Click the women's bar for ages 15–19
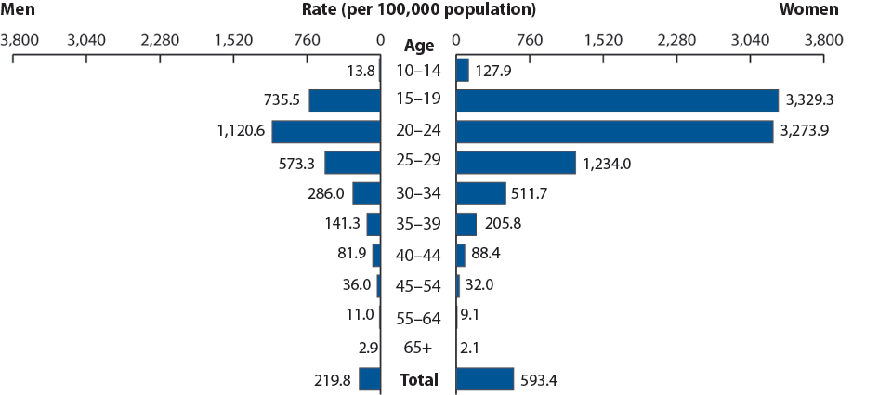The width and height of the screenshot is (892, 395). point(616,100)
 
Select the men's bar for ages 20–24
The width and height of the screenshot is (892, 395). point(326,131)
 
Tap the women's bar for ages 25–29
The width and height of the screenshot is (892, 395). point(516,163)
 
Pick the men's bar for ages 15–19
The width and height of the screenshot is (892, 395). point(345,100)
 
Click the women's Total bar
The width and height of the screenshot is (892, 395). point(484,379)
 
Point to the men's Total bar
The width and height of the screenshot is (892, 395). point(370,379)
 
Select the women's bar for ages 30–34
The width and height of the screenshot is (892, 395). point(480,193)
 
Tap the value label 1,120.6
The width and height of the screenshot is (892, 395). point(240,131)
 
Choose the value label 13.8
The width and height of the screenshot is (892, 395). point(358,70)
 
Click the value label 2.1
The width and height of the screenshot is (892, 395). point(470,348)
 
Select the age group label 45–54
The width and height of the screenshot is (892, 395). point(418,285)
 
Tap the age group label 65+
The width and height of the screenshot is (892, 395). point(418,348)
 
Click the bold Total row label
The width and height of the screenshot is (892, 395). point(418,379)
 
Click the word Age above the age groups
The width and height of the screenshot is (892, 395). point(418,46)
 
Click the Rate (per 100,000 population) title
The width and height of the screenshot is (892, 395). point(418,10)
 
